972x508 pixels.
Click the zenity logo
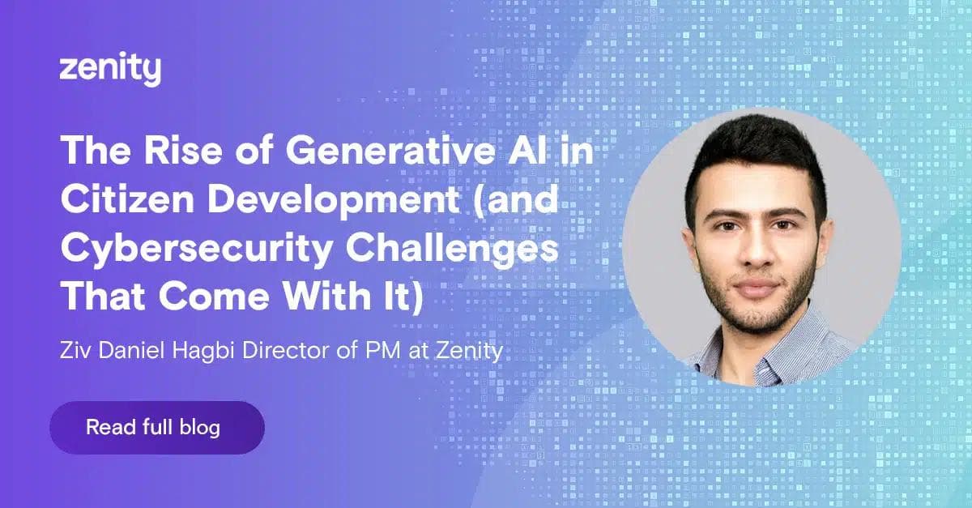point(110,70)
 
